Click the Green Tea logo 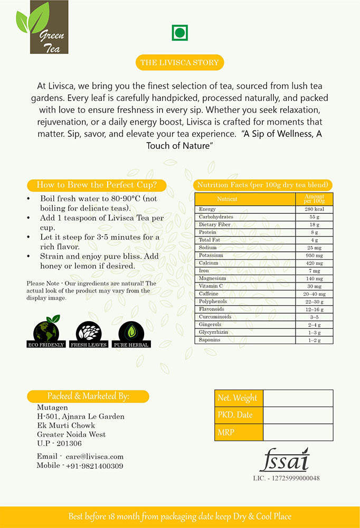(42, 27)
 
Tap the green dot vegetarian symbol (180, 33)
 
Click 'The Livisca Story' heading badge (179, 62)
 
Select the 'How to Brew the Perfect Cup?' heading (97, 185)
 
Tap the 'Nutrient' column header (227, 199)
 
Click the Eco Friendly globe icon (46, 332)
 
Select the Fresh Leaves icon (88, 333)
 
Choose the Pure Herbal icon (131, 333)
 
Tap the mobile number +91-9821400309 (94, 466)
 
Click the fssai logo (284, 460)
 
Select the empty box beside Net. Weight (298, 398)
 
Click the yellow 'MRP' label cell (238, 432)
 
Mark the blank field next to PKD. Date (298, 415)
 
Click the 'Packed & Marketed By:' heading (88, 396)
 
